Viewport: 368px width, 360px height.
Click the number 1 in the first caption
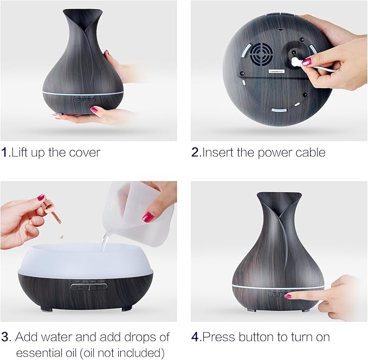click(5, 153)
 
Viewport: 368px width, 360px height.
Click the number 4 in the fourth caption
click(196, 337)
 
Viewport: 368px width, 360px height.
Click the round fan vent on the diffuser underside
click(261, 54)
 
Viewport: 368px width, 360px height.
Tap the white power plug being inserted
click(296, 62)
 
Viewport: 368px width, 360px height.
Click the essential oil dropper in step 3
click(53, 212)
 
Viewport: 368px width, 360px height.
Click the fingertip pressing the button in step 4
click(288, 296)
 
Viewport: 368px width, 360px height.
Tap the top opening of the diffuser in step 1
click(82, 11)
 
